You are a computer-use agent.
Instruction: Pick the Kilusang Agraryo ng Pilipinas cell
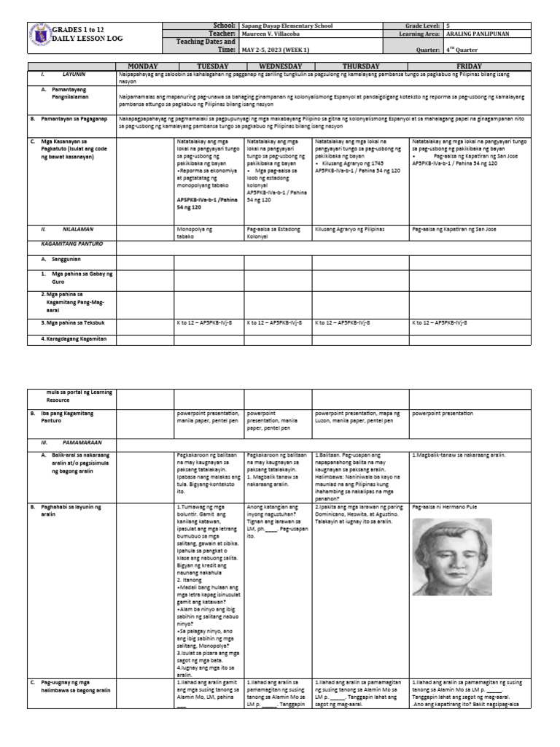[x=349, y=229]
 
